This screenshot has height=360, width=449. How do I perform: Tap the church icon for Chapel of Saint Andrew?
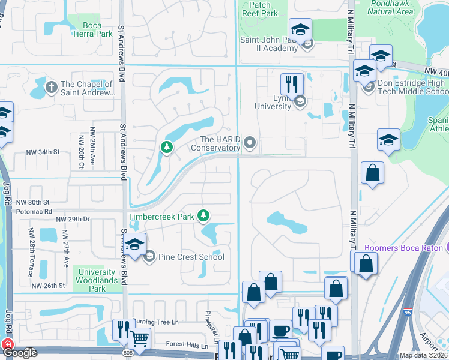(x=51, y=88)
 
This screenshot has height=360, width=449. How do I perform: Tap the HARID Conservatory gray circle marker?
(x=250, y=143)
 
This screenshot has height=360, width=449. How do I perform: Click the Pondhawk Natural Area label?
(x=390, y=7)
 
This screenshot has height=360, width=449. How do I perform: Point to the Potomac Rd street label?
(x=34, y=212)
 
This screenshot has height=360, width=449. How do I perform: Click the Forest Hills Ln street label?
(x=187, y=346)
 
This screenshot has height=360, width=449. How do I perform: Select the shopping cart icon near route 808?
(x=140, y=338)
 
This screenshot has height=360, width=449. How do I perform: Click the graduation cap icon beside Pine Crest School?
(x=134, y=245)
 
